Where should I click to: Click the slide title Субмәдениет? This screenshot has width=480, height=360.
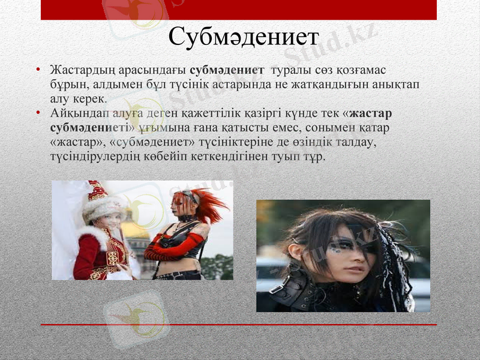click(x=242, y=37)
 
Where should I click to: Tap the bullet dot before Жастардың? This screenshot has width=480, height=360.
click(x=38, y=71)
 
